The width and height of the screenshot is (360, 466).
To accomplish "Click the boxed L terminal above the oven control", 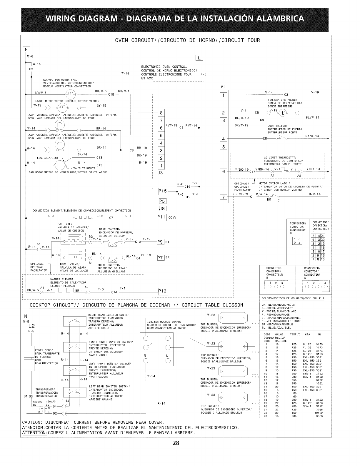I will (199, 58).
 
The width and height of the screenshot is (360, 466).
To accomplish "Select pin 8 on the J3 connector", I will (161, 113).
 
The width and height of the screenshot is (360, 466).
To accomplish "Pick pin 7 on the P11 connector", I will (224, 197).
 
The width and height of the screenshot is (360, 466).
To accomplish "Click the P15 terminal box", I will (163, 192).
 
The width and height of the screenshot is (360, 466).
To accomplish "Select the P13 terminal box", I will (162, 291).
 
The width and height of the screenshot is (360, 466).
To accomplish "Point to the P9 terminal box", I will (160, 242).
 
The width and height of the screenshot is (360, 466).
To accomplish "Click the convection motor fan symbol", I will (71, 94).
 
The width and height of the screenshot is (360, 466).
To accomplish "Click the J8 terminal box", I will (163, 209).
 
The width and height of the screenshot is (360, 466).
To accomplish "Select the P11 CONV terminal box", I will (162, 217).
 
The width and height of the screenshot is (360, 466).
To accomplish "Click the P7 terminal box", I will (160, 258).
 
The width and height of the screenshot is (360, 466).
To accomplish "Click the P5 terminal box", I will (163, 202).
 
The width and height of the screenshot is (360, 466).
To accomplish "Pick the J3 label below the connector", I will (161, 173).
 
